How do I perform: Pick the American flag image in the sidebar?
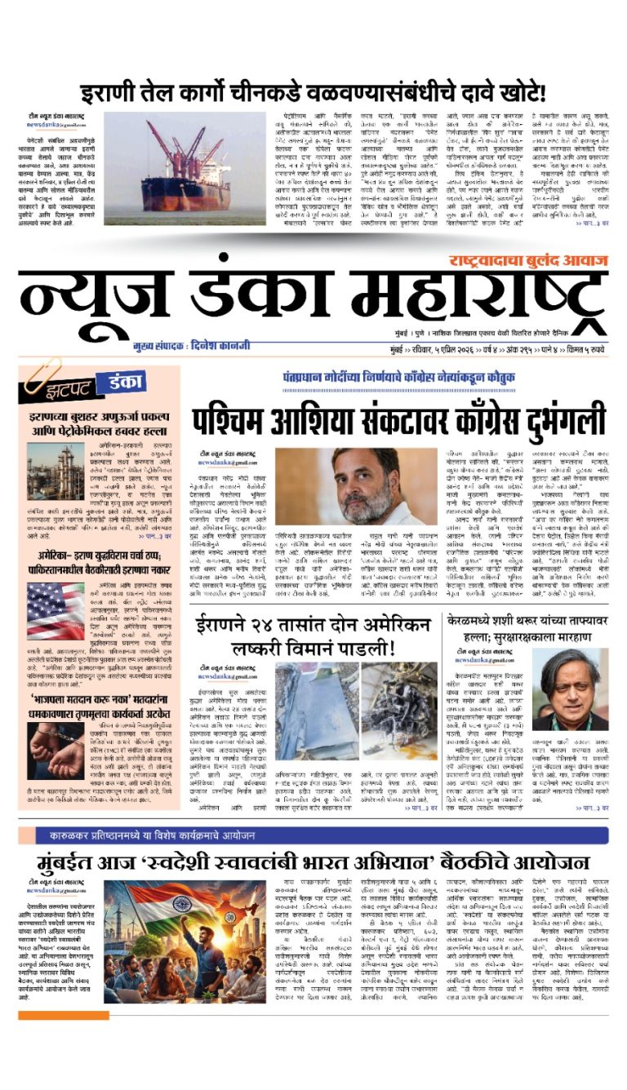point(56,611)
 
